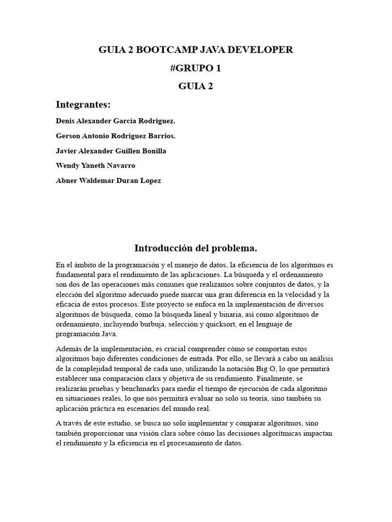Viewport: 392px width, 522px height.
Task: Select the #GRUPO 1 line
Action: pos(196,68)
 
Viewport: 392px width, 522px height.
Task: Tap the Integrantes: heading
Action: pos(83,105)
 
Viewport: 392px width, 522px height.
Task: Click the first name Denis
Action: pos(66,121)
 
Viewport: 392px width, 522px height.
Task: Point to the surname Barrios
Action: pos(161,136)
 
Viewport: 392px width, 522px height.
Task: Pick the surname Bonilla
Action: pos(153,151)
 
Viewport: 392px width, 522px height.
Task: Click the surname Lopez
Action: pos(149,180)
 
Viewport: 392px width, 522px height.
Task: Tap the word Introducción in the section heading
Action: pos(162,248)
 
